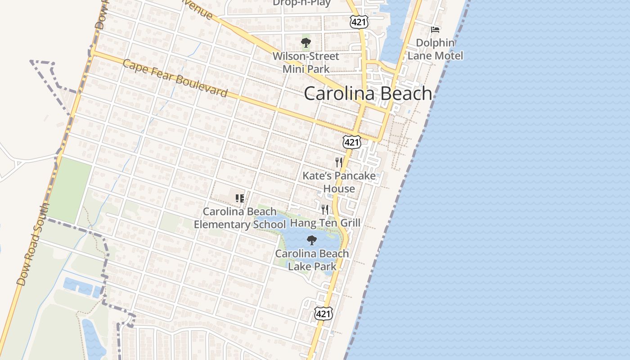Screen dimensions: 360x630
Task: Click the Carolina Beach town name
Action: point(368,94)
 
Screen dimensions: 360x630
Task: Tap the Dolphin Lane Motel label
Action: point(435,49)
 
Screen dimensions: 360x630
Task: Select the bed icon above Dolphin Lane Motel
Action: point(435,30)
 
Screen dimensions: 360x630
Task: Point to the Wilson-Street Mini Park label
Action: point(306,63)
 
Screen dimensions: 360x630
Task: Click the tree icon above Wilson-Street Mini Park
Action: point(306,43)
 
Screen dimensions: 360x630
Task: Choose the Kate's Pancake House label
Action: point(339,182)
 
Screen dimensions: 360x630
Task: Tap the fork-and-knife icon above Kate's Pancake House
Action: point(339,162)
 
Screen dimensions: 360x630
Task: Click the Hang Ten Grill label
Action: point(325,223)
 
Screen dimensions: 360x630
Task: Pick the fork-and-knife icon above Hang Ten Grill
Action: point(325,209)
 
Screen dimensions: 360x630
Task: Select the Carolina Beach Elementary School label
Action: point(239,218)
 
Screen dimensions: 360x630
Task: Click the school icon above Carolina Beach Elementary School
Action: point(239,198)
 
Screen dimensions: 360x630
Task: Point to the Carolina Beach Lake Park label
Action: point(312,260)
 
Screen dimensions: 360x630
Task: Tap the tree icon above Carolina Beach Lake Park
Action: point(311,240)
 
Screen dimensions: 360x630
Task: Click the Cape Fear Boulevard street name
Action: point(175,78)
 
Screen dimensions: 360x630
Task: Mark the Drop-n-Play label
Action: point(301,3)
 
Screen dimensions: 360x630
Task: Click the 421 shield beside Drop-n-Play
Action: point(360,21)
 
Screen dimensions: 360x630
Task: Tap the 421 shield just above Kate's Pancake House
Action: point(351,142)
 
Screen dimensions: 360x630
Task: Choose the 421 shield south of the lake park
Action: point(323,314)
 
